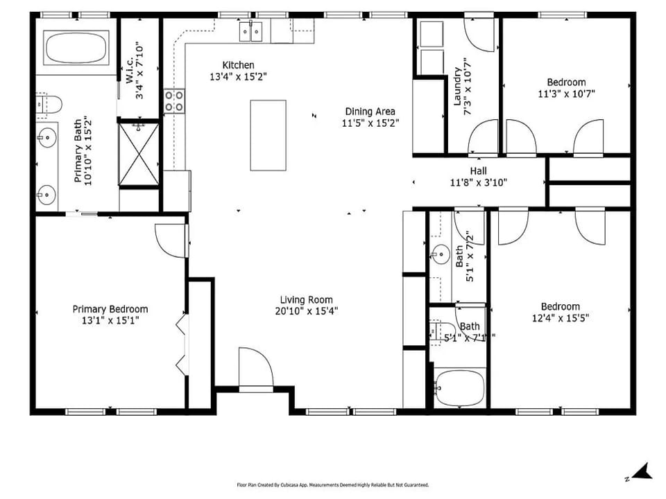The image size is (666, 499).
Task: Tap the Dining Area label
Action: (370, 112)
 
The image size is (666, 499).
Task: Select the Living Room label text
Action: (306, 300)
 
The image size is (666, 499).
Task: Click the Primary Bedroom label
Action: (110, 309)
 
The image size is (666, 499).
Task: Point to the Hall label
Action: (478, 171)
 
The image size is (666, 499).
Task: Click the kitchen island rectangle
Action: (268, 135)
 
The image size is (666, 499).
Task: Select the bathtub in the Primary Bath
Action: (76, 48)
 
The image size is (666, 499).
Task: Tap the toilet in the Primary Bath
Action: (49, 105)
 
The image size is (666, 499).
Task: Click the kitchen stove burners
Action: (175, 101)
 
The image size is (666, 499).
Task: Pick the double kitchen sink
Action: (250, 31)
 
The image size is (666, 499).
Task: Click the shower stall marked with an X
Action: (139, 154)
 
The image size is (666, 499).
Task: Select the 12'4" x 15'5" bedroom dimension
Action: (561, 317)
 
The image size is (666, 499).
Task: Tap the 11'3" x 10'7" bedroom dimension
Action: (566, 94)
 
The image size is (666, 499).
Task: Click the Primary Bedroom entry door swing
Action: (171, 240)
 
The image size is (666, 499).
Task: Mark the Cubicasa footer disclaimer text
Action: (333, 484)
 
